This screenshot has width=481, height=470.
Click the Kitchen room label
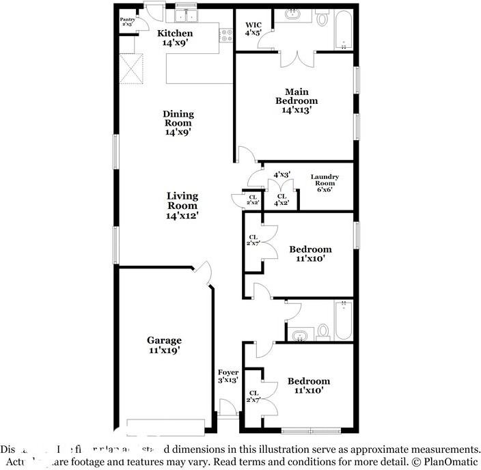(x=175, y=33)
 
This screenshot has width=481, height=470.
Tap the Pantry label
(x=128, y=20)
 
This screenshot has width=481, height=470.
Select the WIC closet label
(x=253, y=26)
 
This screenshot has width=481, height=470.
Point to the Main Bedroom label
(x=297, y=96)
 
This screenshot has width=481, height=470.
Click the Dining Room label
(x=178, y=118)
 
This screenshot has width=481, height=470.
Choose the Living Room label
(x=182, y=201)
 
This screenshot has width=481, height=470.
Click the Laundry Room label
(x=325, y=180)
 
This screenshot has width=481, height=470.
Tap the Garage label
(x=164, y=340)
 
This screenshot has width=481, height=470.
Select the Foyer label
(x=228, y=372)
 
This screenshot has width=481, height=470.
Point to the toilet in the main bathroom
(x=322, y=18)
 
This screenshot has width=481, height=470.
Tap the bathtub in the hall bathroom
(x=343, y=320)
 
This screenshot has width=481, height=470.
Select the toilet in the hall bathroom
(x=323, y=331)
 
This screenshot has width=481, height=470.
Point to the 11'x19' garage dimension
(x=164, y=350)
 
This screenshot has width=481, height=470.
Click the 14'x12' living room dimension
(x=182, y=215)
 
